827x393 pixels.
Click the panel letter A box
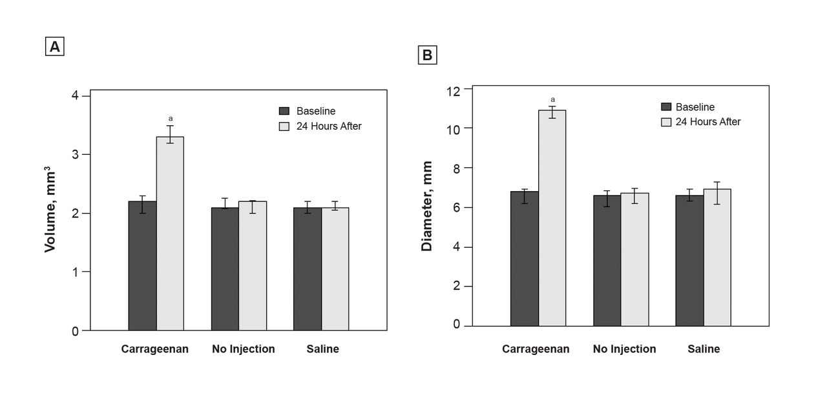(55, 46)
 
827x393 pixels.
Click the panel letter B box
(427, 55)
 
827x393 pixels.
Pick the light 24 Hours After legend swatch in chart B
(666, 121)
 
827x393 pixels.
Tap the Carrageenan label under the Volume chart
(155, 349)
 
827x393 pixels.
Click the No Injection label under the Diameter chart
(624, 349)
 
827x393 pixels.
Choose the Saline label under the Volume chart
(322, 349)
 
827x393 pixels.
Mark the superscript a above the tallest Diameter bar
(552, 99)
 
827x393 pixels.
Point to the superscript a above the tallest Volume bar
(171, 119)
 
